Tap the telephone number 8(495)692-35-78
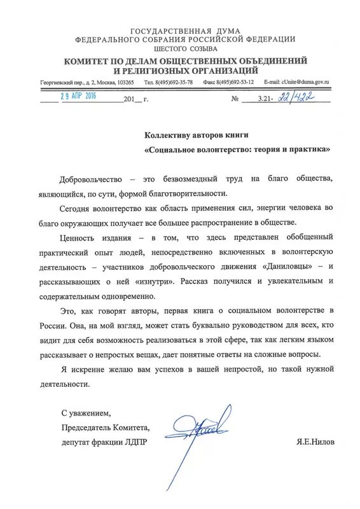coord(168,83)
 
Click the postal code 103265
coord(123,83)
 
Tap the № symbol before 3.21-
coord(236,99)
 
